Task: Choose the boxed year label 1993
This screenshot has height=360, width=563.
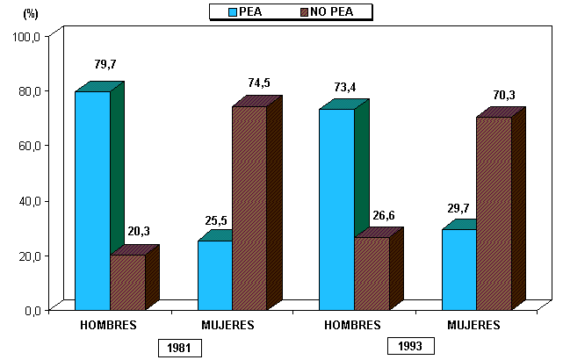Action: tap(410, 346)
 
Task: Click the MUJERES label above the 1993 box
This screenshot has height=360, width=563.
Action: tap(473, 325)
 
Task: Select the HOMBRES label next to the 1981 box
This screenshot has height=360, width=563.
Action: tap(108, 325)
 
